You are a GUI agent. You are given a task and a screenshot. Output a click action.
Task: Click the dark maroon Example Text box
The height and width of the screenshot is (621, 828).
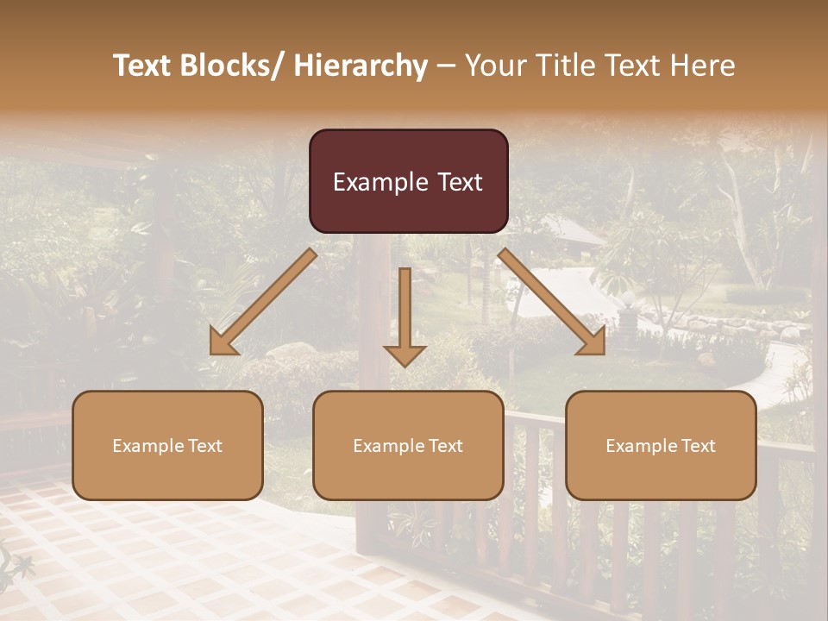pos(408,181)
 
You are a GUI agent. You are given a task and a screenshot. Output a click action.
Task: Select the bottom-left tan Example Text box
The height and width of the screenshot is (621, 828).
pos(167,445)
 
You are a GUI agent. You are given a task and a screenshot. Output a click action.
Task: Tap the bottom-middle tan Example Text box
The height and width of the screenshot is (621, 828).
pos(408,445)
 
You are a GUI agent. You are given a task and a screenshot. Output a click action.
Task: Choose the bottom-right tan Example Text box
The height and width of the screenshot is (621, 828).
pos(661,445)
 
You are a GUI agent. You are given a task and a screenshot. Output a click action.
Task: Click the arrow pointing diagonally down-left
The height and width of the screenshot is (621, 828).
pos(263,303)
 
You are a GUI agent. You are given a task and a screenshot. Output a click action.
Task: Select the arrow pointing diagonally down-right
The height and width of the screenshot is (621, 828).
pos(552,303)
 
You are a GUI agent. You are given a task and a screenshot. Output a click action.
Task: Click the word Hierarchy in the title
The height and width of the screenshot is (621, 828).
pos(360,66)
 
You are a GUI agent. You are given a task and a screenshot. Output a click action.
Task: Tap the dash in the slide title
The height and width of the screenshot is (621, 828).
pos(446,66)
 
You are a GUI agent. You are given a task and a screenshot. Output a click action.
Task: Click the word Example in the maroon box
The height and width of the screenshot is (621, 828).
pos(371,182)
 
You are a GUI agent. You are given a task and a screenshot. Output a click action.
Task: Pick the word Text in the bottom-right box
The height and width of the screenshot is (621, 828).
pos(699,445)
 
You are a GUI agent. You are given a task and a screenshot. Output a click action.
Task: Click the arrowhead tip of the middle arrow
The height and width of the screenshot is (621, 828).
pos(405,365)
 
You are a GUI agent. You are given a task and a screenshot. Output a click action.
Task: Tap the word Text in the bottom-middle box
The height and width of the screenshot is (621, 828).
pos(446,445)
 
